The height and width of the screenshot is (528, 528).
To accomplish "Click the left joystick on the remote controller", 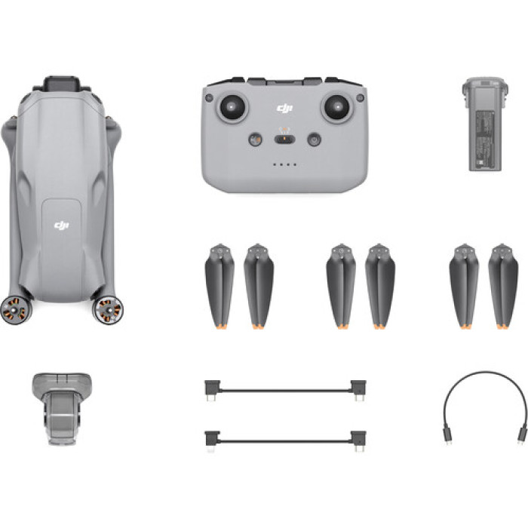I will coord(232,106).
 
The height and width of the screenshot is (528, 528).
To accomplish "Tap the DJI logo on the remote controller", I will coord(284,110).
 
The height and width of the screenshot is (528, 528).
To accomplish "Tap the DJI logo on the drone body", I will coord(62,225).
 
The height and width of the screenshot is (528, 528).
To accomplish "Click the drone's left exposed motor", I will coord(15,309).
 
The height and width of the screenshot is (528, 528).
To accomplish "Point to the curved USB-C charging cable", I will coord(484,400).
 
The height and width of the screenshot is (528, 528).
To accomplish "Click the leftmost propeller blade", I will coord(220,287).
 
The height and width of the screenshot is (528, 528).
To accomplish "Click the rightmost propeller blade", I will coord(503,287).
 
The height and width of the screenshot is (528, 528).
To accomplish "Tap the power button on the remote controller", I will coord(314,140).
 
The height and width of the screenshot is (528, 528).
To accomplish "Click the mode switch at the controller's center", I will coord(284,138).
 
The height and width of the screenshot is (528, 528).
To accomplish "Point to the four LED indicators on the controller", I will coord(284,164).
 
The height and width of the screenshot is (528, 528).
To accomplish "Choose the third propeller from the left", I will coord(341,287).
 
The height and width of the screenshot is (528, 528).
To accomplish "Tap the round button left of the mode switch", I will coord(255,140).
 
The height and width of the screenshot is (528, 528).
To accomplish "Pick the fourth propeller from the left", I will coord(380,287).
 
